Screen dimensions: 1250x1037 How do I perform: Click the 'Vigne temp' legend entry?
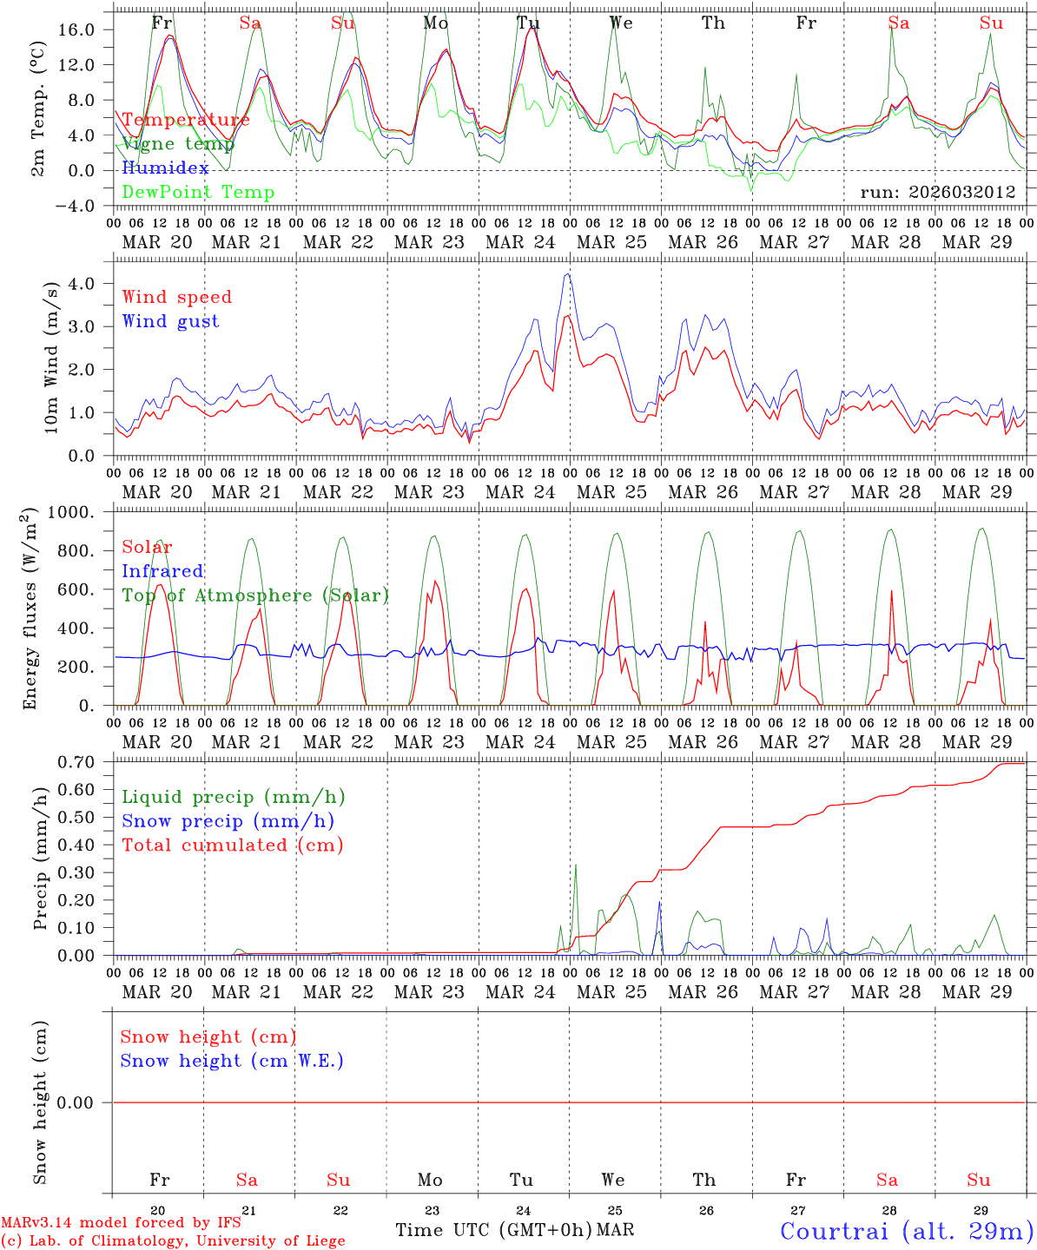(178, 144)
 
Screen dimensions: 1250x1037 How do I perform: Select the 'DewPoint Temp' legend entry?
(198, 193)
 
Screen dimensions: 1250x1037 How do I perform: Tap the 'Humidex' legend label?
(165, 168)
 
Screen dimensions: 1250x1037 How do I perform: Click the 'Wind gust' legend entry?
(170, 321)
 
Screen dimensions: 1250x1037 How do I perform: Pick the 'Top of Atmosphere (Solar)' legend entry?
(255, 595)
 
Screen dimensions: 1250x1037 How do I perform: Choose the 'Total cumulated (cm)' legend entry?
(232, 845)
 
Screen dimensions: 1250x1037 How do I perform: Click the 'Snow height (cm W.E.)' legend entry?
(232, 1061)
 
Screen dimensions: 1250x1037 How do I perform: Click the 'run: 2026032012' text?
(938, 193)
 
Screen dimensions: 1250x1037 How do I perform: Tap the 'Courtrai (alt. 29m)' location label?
(907, 1231)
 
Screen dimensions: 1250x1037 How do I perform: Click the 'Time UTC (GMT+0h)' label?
(493, 1230)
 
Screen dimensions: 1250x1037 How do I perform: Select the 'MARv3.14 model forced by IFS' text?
(121, 1223)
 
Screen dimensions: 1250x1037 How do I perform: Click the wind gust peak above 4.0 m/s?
(568, 274)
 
